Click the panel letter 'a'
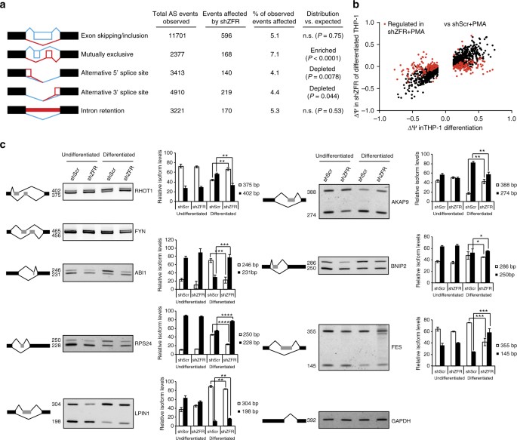tap(5, 6)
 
